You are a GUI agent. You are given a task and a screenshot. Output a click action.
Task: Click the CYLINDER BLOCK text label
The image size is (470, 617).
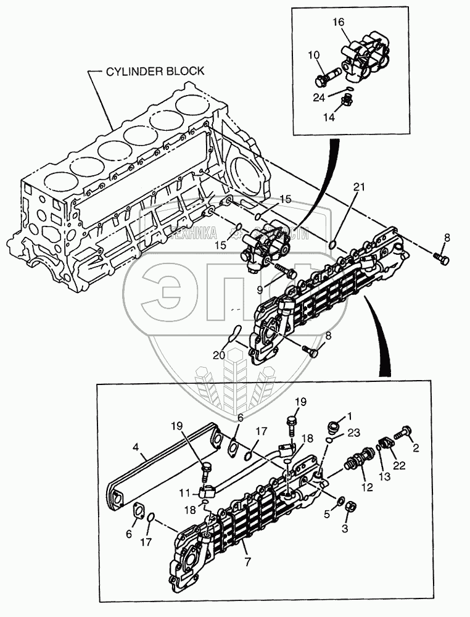coord(155,71)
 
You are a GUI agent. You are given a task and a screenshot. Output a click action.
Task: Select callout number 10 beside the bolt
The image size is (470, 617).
coord(315,57)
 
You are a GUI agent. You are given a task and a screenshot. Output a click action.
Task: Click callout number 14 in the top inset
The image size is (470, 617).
coord(329,117)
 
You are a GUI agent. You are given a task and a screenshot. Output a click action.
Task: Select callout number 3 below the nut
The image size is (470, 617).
coord(345,529)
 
